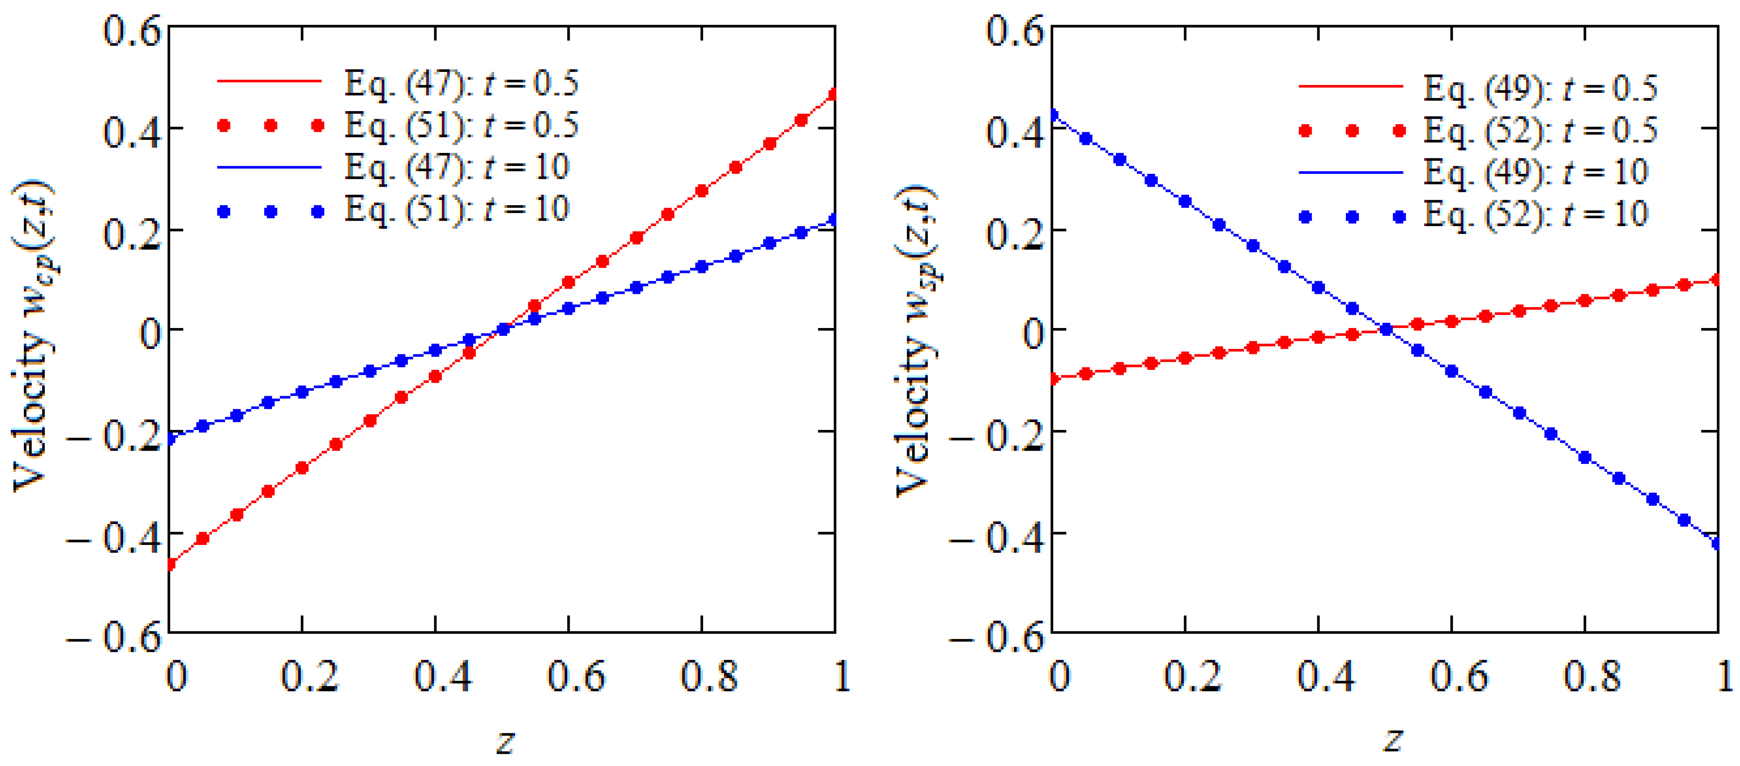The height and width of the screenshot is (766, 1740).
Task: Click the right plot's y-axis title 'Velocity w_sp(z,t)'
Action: (917, 341)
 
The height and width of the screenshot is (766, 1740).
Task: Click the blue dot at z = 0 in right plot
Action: (1052, 115)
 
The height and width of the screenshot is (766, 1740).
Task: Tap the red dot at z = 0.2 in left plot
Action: (302, 468)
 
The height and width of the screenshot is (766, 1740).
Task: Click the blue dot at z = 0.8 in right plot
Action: (1585, 457)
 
